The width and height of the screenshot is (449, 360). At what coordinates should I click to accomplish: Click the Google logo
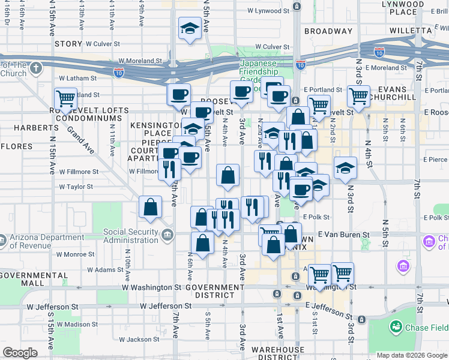(x=20, y=353)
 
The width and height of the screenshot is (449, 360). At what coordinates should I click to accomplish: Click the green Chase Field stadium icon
(x=396, y=327)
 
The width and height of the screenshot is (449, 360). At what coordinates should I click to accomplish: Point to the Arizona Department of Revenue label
(x=46, y=241)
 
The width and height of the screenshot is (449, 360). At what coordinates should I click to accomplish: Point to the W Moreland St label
(x=140, y=61)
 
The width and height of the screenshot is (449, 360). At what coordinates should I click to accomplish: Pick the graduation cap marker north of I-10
(x=190, y=29)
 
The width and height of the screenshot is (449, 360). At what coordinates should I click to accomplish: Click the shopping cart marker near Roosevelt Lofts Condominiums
(x=65, y=98)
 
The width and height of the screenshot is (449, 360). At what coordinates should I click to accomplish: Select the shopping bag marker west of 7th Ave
(x=150, y=208)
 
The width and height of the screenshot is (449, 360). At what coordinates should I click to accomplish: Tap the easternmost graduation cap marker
(x=345, y=169)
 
